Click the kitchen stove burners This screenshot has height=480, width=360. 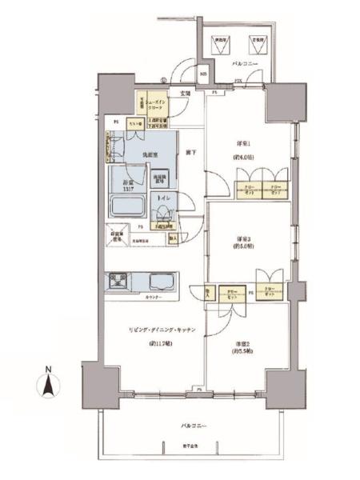(119, 282)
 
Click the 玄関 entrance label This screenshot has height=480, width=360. (185, 94)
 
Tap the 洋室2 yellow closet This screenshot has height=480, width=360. (234, 294)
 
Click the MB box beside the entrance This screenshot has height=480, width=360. (203, 76)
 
